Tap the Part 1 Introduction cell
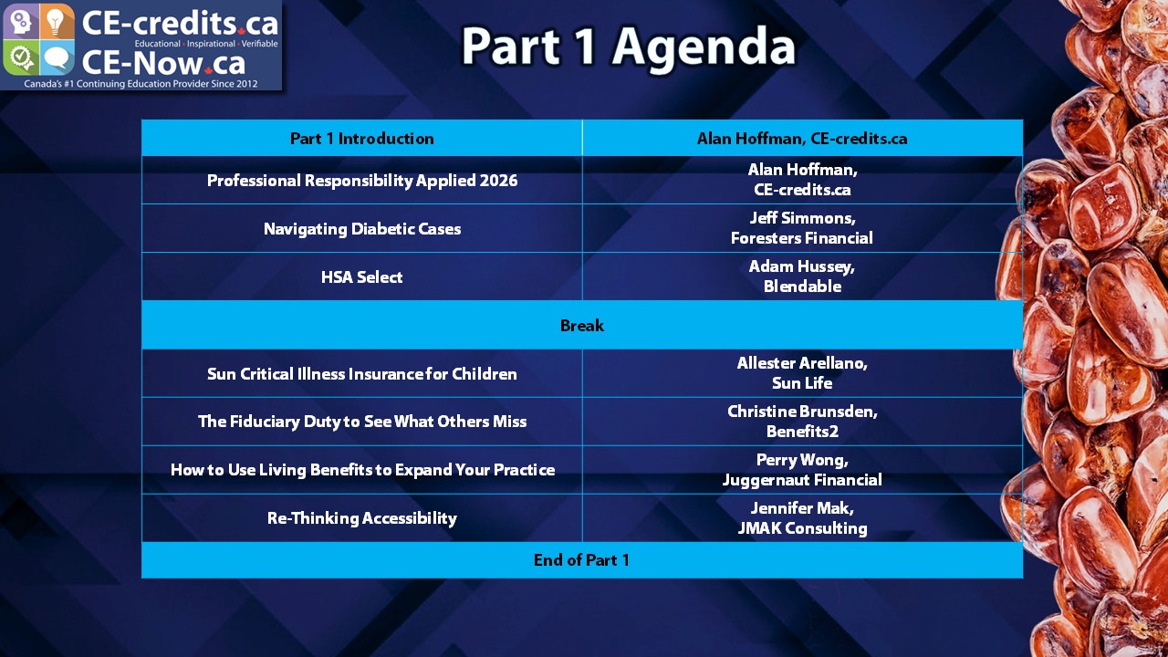pyautogui.click(x=362, y=138)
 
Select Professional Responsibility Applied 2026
pyautogui.click(x=362, y=181)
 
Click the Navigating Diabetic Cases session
pyautogui.click(x=362, y=229)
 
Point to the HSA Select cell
pyautogui.click(x=362, y=276)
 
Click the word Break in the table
pyautogui.click(x=582, y=326)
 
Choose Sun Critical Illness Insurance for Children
pyautogui.click(x=362, y=374)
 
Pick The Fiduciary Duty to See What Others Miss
pyautogui.click(x=362, y=422)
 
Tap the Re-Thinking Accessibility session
pyautogui.click(x=362, y=518)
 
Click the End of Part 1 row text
pyautogui.click(x=581, y=560)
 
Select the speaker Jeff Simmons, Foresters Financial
pyautogui.click(x=802, y=228)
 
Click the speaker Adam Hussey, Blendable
pyautogui.click(x=802, y=276)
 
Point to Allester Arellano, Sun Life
pyautogui.click(x=802, y=373)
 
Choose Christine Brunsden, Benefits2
pyautogui.click(x=802, y=422)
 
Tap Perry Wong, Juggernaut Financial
pyautogui.click(x=802, y=470)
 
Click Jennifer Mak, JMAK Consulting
pyautogui.click(x=802, y=518)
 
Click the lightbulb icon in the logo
pyautogui.click(x=57, y=22)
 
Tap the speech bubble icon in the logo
pyautogui.click(x=57, y=58)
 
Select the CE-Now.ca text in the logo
pyautogui.click(x=163, y=63)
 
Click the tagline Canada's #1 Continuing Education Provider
pyautogui.click(x=141, y=83)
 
